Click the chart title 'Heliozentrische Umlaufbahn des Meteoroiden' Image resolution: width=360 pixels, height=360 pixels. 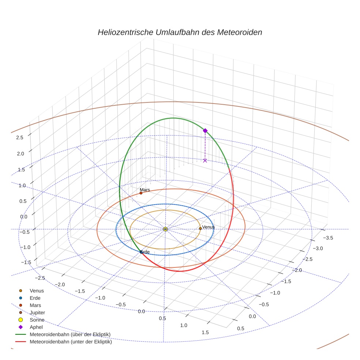[180, 32]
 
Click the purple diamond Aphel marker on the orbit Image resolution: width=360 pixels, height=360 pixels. [205, 131]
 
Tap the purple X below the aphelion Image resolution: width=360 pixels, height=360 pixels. [205, 160]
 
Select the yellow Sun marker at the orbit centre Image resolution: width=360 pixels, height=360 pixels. [165, 229]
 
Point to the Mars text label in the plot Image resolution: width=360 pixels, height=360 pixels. [145, 190]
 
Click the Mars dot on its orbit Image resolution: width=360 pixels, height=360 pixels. [141, 193]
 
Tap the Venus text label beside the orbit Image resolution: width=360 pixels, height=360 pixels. [209, 227]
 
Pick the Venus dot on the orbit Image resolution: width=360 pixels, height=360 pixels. [200, 228]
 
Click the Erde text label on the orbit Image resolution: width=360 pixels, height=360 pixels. [145, 252]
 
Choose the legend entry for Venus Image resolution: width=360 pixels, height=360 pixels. [37, 290]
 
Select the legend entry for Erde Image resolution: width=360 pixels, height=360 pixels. [35, 298]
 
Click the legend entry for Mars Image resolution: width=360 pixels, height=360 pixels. [35, 305]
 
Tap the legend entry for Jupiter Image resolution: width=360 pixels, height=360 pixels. [37, 312]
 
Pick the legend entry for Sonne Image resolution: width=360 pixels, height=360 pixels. [37, 320]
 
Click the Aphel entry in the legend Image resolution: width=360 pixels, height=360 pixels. [36, 327]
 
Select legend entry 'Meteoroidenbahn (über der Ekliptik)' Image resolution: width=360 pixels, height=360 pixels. [70, 334]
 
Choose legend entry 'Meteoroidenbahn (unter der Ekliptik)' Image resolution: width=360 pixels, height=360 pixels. [71, 342]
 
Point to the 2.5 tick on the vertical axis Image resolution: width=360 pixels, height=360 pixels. [20, 137]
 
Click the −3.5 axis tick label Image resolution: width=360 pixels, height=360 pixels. [328, 238]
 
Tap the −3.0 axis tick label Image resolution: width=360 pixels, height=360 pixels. [318, 248]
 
